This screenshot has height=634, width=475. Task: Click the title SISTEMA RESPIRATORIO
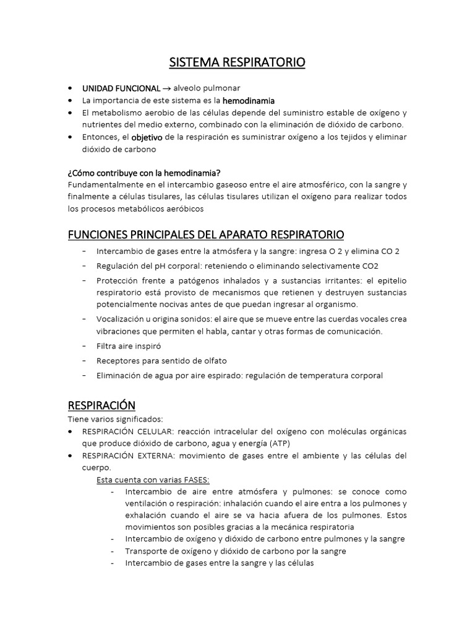pyautogui.click(x=237, y=63)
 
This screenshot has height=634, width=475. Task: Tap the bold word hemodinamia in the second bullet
pyautogui.click(x=249, y=100)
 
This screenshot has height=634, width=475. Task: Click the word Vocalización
pyautogui.click(x=121, y=319)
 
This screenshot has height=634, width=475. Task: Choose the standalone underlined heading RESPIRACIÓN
pyautogui.click(x=101, y=405)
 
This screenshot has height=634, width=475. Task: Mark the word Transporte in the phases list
pyautogui.click(x=147, y=551)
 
